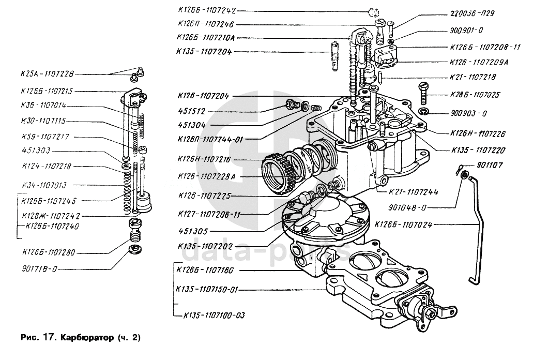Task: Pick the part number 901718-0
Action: (x=40, y=269)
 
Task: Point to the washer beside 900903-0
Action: (x=423, y=112)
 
